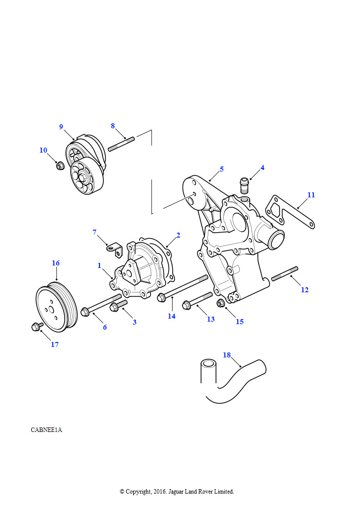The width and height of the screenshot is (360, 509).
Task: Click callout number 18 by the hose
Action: pyautogui.click(x=227, y=355)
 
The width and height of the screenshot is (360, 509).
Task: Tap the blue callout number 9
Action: pyautogui.click(x=61, y=127)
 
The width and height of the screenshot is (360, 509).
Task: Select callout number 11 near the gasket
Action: pyautogui.click(x=311, y=195)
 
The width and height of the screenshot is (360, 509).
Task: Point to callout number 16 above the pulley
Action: pyautogui.click(x=56, y=263)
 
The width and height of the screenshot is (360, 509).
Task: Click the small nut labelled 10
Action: pyautogui.click(x=60, y=166)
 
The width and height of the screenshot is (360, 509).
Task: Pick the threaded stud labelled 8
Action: pyautogui.click(x=121, y=144)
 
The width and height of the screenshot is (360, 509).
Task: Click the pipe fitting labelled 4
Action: pyautogui.click(x=244, y=185)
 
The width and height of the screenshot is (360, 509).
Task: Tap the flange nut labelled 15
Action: pyautogui.click(x=221, y=303)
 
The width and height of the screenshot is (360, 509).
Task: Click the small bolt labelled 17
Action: pyautogui.click(x=37, y=326)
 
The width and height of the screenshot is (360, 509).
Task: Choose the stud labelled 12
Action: pyautogui.click(x=285, y=274)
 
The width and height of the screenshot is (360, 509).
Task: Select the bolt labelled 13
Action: pyautogui.click(x=197, y=301)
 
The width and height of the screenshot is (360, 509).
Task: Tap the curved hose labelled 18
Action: pyautogui.click(x=232, y=382)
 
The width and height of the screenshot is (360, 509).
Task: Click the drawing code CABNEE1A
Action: pyautogui.click(x=46, y=430)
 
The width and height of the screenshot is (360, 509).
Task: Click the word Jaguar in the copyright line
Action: pyautogui.click(x=176, y=492)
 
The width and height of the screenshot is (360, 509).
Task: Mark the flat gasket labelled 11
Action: pyautogui.click(x=290, y=212)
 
